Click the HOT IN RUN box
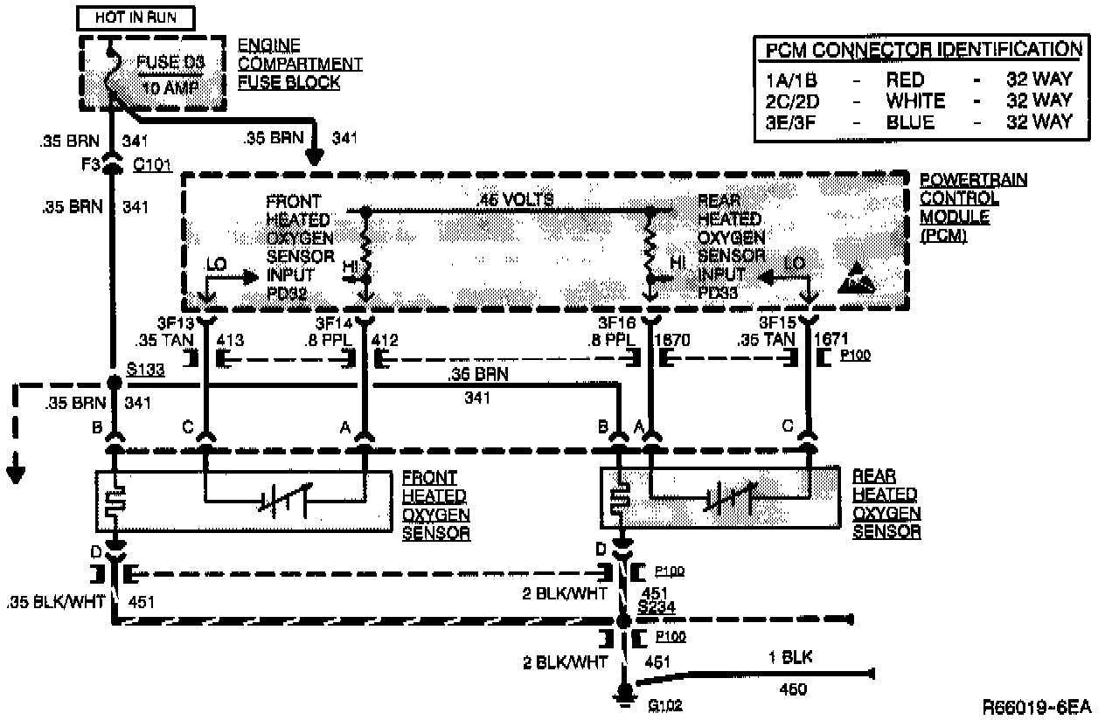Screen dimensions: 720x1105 [x=135, y=17]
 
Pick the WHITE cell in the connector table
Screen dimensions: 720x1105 [x=914, y=100]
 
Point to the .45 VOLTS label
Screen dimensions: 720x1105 [x=515, y=201]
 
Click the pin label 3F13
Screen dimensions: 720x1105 [x=175, y=322]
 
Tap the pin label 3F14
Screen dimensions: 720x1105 [x=335, y=322]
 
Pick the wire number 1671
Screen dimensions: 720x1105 [x=830, y=339]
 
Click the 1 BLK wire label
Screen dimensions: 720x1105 [x=789, y=658]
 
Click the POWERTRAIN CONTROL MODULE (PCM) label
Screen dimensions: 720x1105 [x=971, y=207]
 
